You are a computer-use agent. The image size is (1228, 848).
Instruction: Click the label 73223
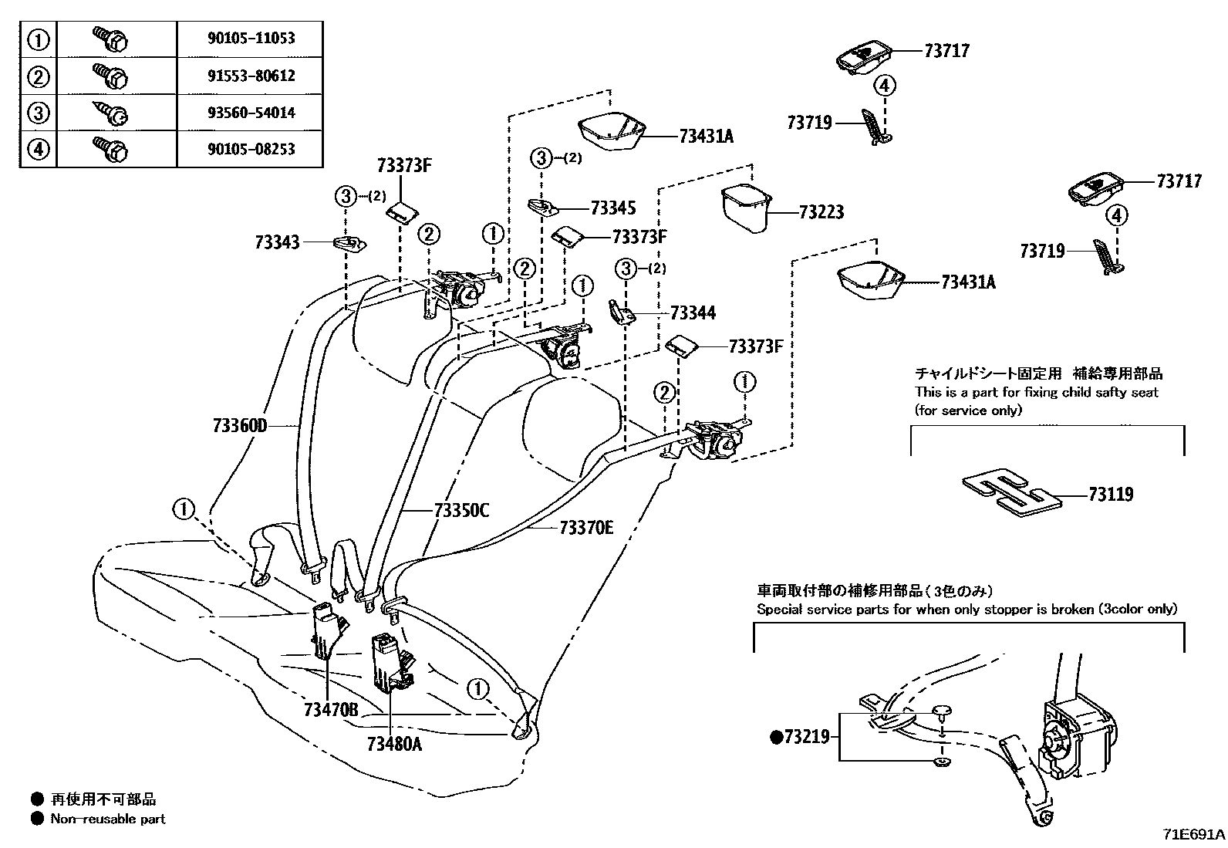pos(821,211)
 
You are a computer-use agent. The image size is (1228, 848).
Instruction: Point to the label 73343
pos(277,242)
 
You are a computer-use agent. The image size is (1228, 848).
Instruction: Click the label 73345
pos(613,208)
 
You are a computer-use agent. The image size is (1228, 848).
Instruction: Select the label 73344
pos(693,313)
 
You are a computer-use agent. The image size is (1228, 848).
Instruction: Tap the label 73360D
pos(239,425)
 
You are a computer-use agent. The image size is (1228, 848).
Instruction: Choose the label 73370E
pos(586,528)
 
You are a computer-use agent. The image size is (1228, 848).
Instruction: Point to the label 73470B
pos(331,710)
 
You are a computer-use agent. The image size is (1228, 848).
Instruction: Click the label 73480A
pos(395,744)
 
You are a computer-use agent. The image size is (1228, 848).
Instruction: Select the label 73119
pos(1111,495)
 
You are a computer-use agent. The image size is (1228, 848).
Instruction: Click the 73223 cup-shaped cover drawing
pos(745,206)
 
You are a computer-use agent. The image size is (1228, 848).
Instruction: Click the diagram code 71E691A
pos(1194,835)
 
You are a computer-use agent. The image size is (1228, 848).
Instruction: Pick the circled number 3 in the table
pos(38,113)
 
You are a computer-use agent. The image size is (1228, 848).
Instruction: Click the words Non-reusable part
pos(108,819)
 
